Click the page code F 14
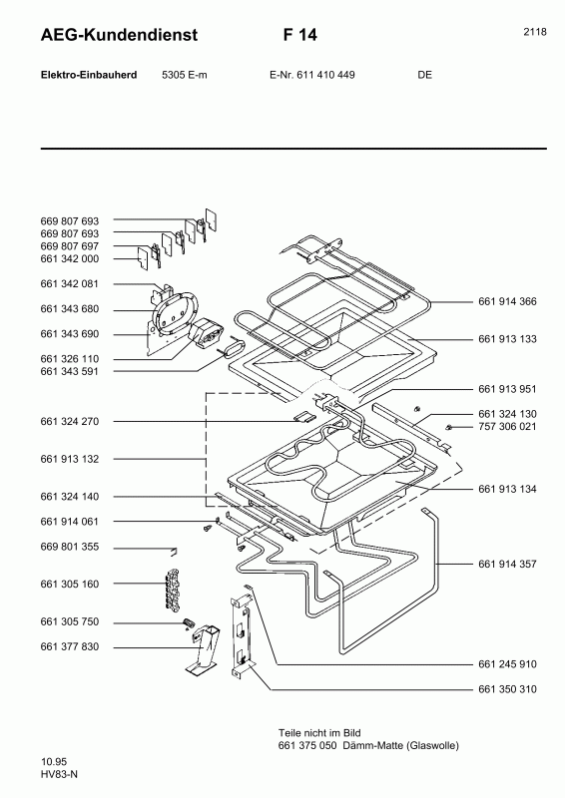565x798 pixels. click(299, 36)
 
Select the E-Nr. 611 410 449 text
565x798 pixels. click(312, 75)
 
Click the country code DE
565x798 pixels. click(424, 75)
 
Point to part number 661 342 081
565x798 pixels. click(70, 284)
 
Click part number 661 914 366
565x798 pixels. click(507, 302)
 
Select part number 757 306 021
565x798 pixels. click(507, 427)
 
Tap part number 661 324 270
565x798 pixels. click(70, 422)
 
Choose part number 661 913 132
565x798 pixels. click(70, 459)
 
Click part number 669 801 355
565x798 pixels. click(70, 547)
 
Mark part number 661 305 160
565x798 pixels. click(70, 584)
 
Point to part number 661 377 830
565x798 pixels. click(70, 646)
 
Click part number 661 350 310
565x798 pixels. click(507, 689)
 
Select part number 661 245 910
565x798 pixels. click(507, 663)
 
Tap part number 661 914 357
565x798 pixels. click(507, 565)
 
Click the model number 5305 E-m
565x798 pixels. click(185, 75)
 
